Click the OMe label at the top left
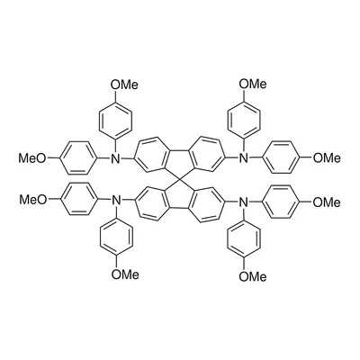[x=124, y=85]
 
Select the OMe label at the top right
[x=253, y=84]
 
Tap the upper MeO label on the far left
[x=32, y=157]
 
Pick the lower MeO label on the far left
[x=33, y=199]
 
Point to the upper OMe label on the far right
[x=327, y=157]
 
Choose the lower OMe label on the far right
[x=327, y=202]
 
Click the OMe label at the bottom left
[x=125, y=274]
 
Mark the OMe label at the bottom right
[x=253, y=276]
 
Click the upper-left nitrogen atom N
[x=115, y=158]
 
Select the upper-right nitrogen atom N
[x=243, y=157]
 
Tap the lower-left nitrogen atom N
[x=115, y=200]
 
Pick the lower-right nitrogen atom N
[x=243, y=203]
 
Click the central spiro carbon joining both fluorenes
[x=180, y=180]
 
